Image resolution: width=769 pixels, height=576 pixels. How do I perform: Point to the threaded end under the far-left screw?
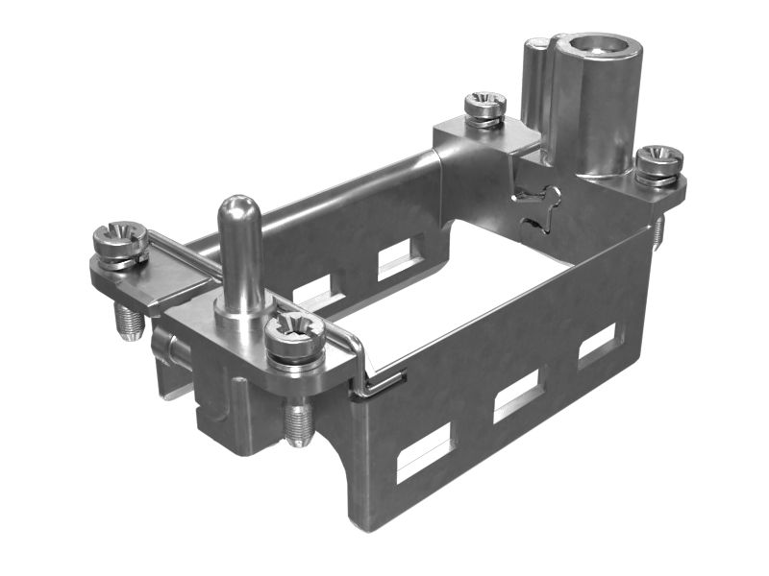(129, 322)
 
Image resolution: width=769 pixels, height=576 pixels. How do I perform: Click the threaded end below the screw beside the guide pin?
(299, 421)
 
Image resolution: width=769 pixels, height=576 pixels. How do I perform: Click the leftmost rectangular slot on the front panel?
(424, 451)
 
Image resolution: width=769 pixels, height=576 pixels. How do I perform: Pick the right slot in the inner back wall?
(395, 257)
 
